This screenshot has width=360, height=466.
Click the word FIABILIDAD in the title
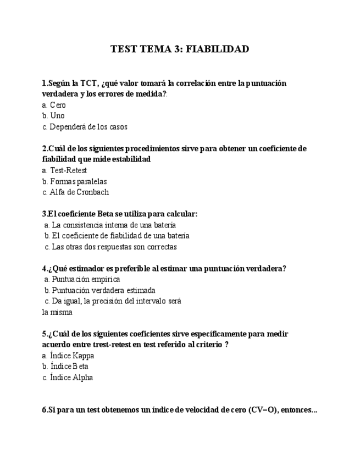[x=217, y=49]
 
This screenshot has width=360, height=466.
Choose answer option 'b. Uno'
[x=53, y=116]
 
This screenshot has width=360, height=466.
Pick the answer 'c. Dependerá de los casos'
[x=85, y=127]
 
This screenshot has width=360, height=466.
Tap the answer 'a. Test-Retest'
[x=64, y=170]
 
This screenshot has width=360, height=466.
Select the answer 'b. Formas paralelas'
[x=74, y=181]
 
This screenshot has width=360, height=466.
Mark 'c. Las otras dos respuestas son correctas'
[x=110, y=247]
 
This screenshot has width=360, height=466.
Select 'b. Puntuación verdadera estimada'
[x=99, y=290]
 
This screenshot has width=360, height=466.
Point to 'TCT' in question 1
[x=88, y=84]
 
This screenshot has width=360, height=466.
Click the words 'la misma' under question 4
[x=57, y=312]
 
